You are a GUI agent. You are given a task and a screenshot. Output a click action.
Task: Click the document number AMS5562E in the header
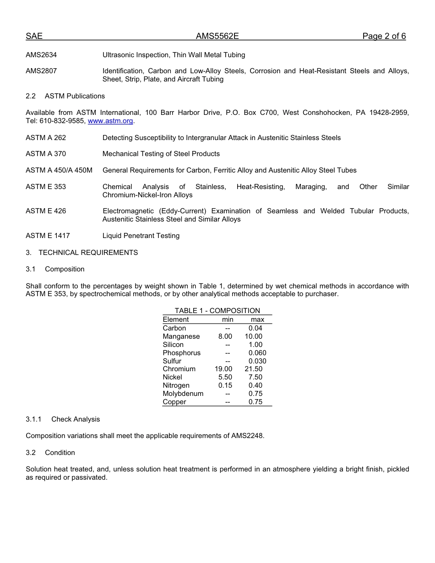point(217,37)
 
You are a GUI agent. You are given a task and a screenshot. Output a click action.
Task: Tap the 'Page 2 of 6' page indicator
point(384,37)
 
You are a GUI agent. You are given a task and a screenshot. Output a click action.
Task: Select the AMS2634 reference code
point(41,55)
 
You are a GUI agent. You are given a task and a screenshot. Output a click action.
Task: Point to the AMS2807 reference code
point(41,71)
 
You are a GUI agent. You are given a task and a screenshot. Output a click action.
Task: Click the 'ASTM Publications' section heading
point(75,96)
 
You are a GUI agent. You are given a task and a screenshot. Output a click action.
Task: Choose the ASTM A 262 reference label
point(46,138)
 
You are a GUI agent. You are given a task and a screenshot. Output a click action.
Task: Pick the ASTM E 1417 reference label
point(48,236)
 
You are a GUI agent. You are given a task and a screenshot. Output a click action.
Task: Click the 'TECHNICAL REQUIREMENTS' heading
point(88,253)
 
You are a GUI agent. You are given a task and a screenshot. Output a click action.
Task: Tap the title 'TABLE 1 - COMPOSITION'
point(217,311)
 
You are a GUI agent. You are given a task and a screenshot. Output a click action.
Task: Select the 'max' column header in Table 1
point(257,319)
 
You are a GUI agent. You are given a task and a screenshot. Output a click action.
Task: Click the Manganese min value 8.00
point(225,336)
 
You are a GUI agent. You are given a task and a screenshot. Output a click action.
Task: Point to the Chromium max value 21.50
point(254,369)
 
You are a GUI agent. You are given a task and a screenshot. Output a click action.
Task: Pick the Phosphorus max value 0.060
point(257,353)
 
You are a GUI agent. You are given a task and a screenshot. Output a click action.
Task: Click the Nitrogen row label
point(176,385)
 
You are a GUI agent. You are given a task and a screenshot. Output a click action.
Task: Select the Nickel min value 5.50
point(225,377)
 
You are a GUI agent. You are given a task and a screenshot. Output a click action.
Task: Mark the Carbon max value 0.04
point(256,328)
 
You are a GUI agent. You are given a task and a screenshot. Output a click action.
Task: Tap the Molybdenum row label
point(183,394)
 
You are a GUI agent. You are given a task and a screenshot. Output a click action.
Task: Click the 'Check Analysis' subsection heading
point(76,419)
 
